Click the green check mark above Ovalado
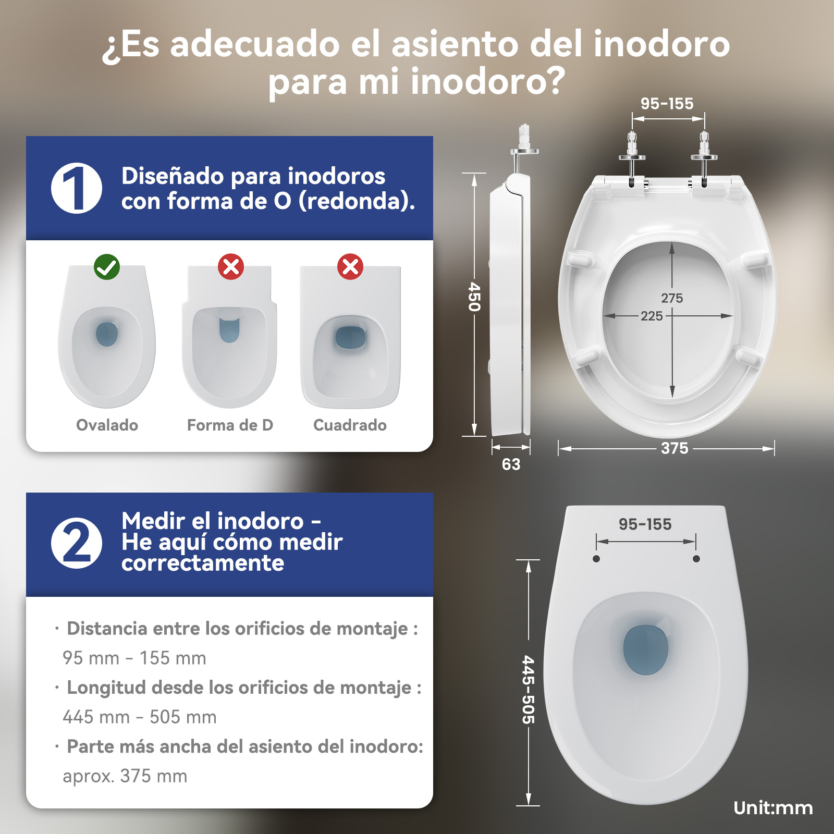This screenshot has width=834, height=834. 107,267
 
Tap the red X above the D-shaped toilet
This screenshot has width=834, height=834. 231,267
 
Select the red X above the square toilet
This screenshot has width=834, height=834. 350,267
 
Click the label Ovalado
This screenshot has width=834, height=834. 107,425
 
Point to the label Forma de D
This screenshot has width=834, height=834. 230,425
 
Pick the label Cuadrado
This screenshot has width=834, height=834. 350,425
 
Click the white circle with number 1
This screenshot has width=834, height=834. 77,188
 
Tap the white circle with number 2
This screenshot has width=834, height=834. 77,543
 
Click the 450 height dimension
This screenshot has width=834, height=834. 474,297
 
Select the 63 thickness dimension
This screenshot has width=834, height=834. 511,464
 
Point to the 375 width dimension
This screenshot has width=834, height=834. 674,448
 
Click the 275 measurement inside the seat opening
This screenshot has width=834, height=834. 672,298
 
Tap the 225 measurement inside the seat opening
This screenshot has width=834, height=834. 652,316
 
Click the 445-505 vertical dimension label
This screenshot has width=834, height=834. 529,690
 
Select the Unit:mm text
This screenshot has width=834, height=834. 773,808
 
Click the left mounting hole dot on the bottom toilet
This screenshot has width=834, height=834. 596,559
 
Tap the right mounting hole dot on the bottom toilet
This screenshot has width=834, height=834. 696,559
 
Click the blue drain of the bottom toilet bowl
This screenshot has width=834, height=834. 646,649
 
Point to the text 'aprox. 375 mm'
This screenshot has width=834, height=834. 125,776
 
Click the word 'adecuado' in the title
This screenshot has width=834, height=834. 255,44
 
